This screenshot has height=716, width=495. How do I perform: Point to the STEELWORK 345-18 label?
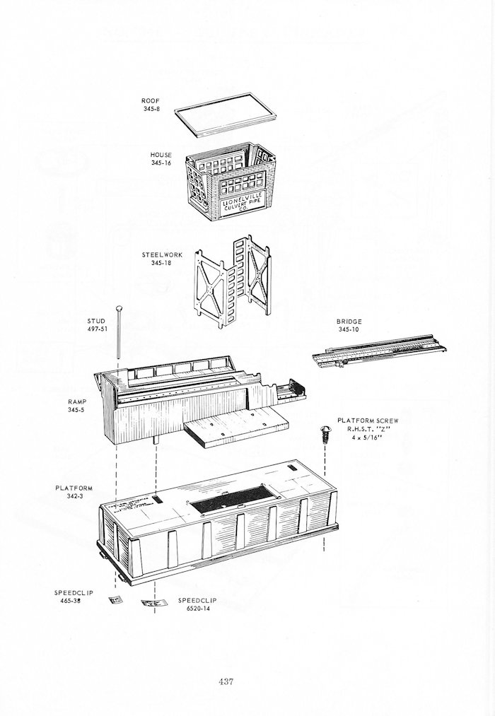(x=161, y=259)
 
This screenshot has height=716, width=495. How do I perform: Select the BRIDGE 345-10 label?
(x=349, y=325)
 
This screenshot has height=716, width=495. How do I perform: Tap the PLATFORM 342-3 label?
(x=74, y=492)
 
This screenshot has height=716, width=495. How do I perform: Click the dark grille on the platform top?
(x=226, y=501)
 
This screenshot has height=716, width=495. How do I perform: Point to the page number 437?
(x=226, y=681)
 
